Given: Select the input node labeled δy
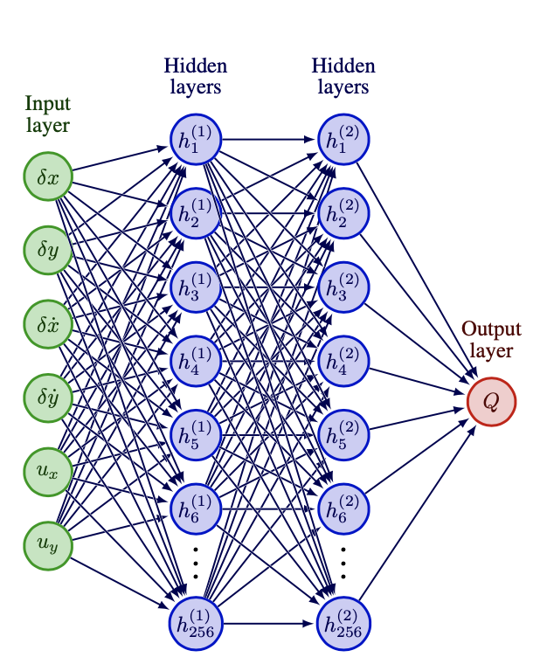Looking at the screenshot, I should point(47,250).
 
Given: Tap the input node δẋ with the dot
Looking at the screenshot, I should point(47,324).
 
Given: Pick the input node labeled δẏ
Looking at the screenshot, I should point(47,398).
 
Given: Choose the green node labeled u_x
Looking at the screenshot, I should point(47,471).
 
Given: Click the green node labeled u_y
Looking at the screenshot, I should point(47,544).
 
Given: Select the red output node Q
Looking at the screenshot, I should point(491,401).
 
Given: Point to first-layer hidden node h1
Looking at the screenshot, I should point(196,139).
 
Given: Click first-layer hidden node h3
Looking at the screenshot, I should point(196,286).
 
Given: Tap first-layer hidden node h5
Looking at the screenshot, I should point(196,433).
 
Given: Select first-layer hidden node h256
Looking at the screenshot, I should point(196,622).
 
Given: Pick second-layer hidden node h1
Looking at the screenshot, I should point(343,139).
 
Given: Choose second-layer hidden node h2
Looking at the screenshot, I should point(343,212).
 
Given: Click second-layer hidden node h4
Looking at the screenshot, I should point(343,360).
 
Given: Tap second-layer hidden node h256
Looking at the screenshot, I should point(343,622).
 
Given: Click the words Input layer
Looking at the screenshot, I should point(47,114).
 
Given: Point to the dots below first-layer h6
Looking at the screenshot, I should point(196,564).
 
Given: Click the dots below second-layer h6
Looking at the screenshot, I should point(343,564).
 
